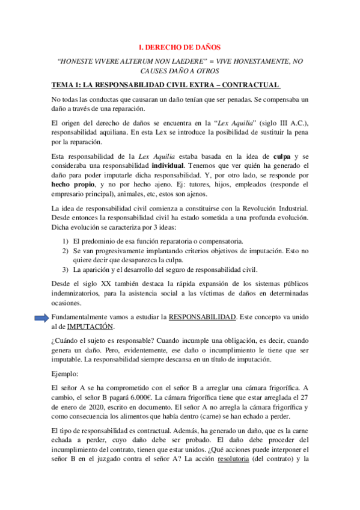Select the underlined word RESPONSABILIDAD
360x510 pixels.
pyautogui.click(x=203, y=316)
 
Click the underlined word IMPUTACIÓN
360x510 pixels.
pyautogui.click(x=90, y=327)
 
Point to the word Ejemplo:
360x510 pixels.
pyautogui.click(x=69, y=373)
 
